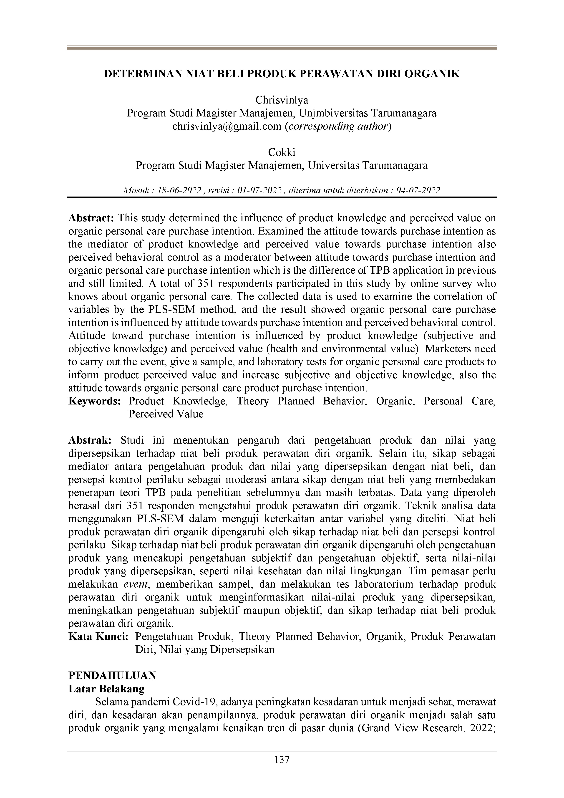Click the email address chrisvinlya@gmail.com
227,126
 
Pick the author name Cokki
282,152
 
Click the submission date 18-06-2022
179,190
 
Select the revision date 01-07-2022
259,190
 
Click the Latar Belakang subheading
106,689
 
